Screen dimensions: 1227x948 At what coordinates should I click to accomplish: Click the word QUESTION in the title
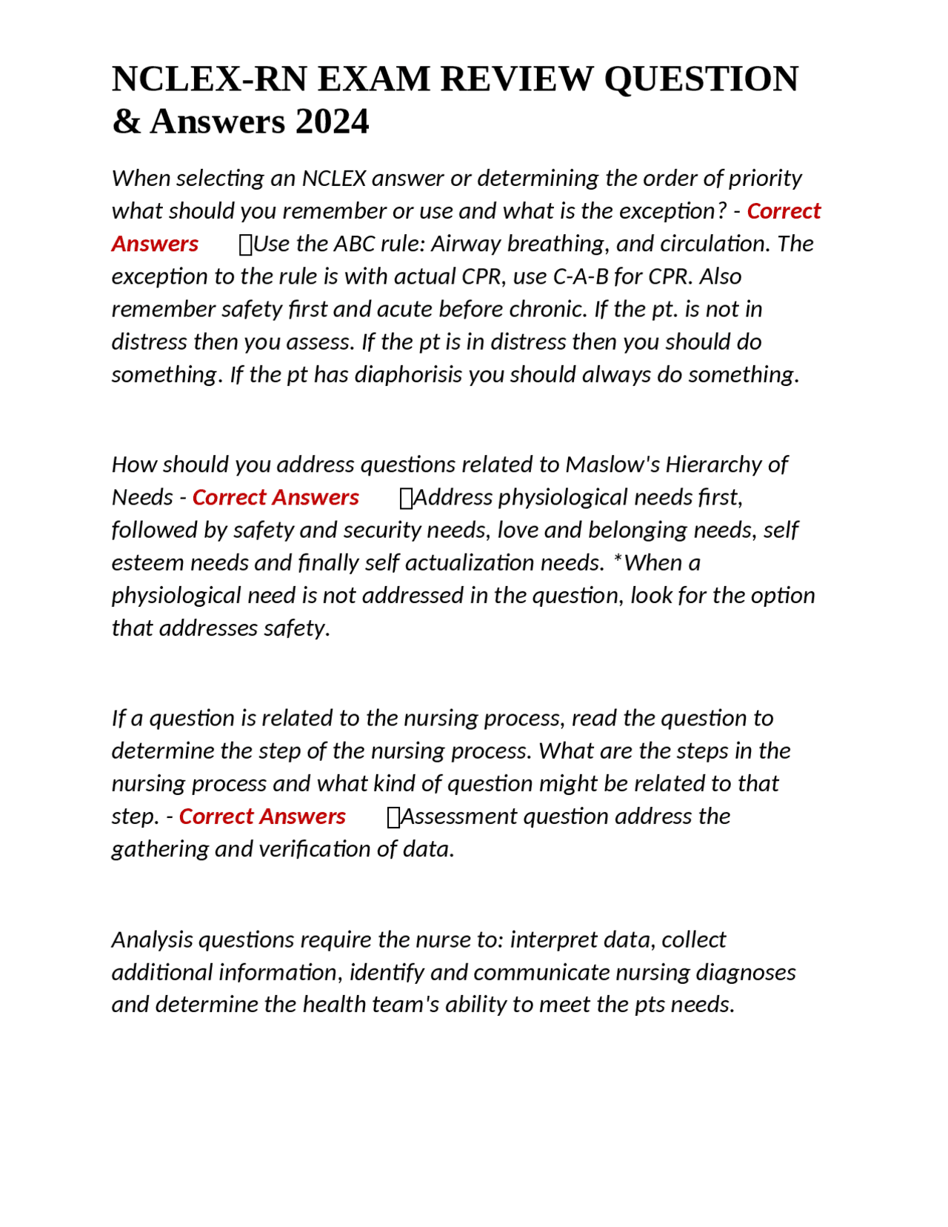(x=701, y=79)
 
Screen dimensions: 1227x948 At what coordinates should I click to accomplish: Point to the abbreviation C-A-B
(x=581, y=276)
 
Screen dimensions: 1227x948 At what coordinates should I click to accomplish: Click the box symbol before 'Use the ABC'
(x=246, y=245)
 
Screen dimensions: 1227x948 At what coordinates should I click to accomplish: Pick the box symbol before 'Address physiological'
(x=405, y=498)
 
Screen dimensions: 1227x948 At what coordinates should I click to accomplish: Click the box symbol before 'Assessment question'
(x=393, y=817)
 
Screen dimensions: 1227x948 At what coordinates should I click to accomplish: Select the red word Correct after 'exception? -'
(x=784, y=211)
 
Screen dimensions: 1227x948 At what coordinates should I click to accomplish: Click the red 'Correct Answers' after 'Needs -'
(x=276, y=497)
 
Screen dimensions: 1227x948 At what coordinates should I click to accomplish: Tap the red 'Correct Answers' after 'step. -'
(x=262, y=817)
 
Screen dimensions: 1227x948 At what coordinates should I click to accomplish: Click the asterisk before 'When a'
(x=617, y=562)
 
